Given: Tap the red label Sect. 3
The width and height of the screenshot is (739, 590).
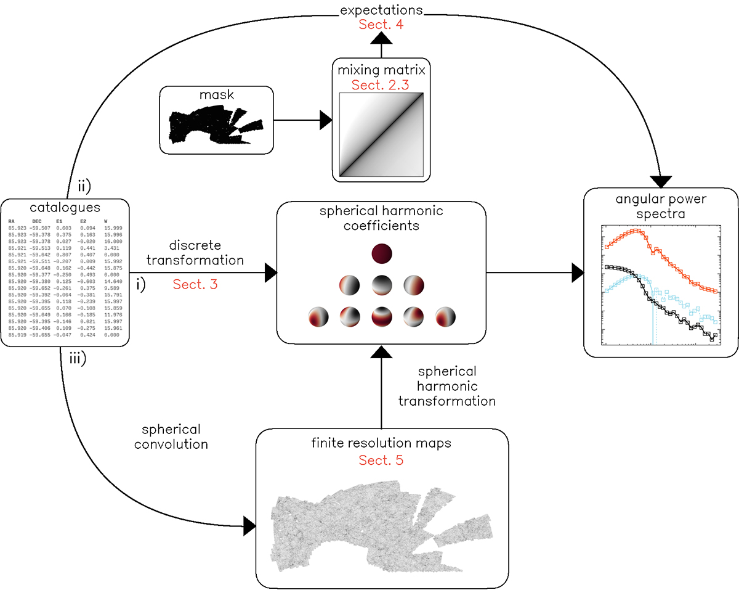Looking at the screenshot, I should (x=195, y=284).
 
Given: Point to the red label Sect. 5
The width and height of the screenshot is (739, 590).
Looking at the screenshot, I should (x=381, y=460).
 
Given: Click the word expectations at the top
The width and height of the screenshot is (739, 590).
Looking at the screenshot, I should (x=382, y=10).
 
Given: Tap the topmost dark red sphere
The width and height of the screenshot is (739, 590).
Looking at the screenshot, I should (x=382, y=254).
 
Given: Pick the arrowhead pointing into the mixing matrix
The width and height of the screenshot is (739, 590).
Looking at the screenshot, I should (x=326, y=121).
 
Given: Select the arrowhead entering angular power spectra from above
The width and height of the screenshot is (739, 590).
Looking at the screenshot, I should (x=662, y=181).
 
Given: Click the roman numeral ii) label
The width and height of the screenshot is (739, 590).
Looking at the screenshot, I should (x=84, y=185).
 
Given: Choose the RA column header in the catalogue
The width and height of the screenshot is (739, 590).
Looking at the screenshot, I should (x=12, y=220).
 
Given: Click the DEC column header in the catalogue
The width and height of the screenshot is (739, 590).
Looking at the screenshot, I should (x=38, y=220).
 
